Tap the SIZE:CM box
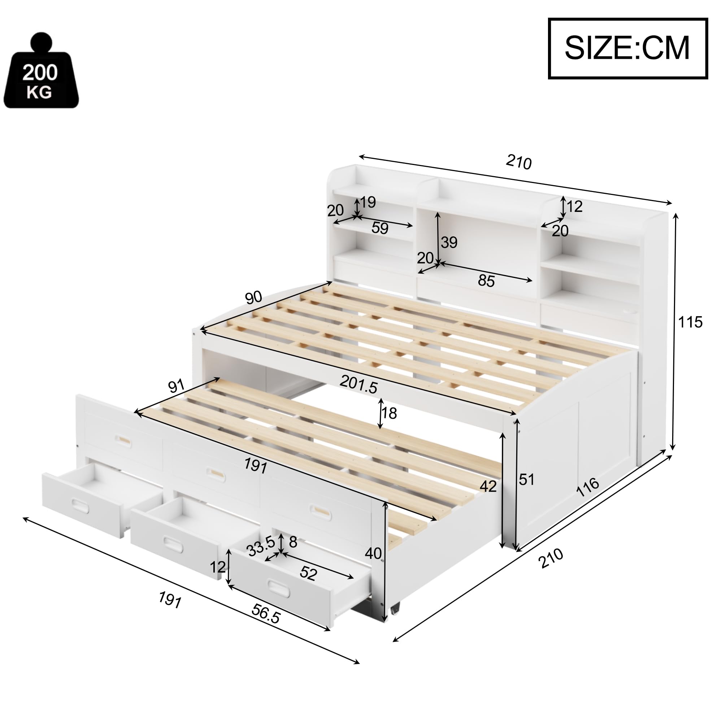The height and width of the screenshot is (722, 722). tap(627, 48)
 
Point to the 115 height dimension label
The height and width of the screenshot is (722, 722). tap(690, 322)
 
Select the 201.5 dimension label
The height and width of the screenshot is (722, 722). tap(358, 384)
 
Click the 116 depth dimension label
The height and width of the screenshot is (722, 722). tap(588, 487)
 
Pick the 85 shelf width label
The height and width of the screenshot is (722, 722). tap(486, 280)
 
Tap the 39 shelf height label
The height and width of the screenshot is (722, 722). tap(449, 243)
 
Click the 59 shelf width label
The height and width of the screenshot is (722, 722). tap(380, 228)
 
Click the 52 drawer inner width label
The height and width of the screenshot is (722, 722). tap(308, 574)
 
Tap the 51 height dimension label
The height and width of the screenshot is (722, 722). tap(527, 479)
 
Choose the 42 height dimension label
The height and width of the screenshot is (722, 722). tap(488, 486)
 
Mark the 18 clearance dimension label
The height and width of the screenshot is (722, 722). tap(389, 413)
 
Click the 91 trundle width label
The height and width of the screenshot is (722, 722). tap(176, 386)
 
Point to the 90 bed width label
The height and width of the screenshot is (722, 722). tap(253, 298)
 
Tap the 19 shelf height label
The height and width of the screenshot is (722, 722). tap(368, 202)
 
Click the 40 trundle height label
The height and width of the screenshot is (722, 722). tap(373, 553)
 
